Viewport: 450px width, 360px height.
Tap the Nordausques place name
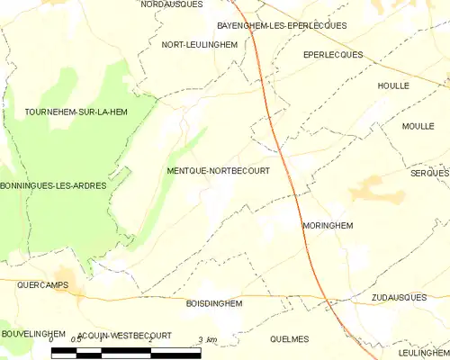[x=171, y=4]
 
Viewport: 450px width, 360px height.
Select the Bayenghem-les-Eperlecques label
[x=282, y=25]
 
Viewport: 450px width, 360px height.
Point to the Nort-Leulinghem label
[x=199, y=44]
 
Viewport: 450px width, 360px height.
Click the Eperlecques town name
[x=333, y=55]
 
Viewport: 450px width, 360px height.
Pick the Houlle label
[x=394, y=85]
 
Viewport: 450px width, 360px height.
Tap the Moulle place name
[x=418, y=126]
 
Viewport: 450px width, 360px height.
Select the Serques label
[x=428, y=172]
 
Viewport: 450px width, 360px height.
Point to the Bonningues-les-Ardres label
[x=53, y=185]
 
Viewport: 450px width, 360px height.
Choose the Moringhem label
[x=328, y=226]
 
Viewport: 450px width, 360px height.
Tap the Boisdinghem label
[x=213, y=304]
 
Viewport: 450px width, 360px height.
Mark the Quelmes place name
[x=289, y=338]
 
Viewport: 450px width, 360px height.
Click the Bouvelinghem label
[x=33, y=334]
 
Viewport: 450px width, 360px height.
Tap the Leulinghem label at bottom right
[x=422, y=354]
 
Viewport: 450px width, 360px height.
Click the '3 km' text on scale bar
[x=207, y=339]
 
